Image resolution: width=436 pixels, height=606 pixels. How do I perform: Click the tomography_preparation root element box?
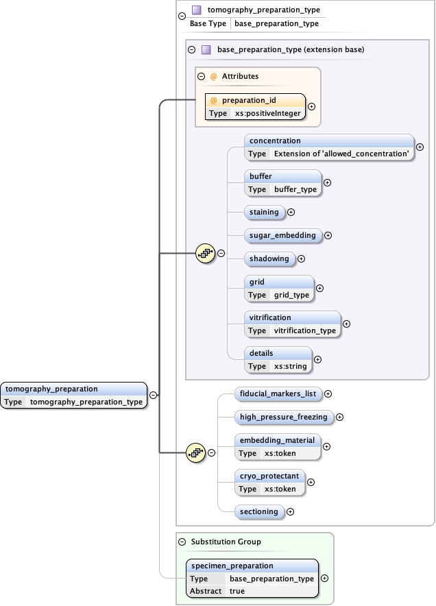click(x=74, y=396)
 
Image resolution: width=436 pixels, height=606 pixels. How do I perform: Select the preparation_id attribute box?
click(x=255, y=106)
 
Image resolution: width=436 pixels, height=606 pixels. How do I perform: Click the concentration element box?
click(x=329, y=147)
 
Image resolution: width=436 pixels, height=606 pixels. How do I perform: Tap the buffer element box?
click(x=282, y=182)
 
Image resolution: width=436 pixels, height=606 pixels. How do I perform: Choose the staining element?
click(x=264, y=212)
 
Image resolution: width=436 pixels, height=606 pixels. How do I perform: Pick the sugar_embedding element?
click(x=282, y=235)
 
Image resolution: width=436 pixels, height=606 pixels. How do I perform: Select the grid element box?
click(x=278, y=288)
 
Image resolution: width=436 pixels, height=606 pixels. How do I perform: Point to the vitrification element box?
click(x=292, y=324)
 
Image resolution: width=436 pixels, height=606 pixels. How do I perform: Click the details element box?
click(x=278, y=359)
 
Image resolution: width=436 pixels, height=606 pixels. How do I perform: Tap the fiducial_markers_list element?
click(x=277, y=393)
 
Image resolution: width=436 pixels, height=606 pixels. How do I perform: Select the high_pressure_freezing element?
click(x=283, y=417)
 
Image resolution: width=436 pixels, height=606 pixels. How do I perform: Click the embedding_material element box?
click(x=276, y=446)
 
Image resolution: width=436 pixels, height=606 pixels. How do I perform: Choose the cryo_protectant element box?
click(x=269, y=482)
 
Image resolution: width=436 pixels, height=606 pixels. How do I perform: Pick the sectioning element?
click(x=258, y=511)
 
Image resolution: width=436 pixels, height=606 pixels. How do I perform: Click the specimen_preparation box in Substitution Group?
click(x=252, y=578)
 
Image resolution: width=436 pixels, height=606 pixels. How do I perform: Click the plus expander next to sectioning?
click(x=290, y=511)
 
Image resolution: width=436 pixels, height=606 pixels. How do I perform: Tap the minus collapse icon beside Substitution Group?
click(x=182, y=542)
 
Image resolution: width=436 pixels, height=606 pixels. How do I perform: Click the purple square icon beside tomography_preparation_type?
click(x=197, y=10)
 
